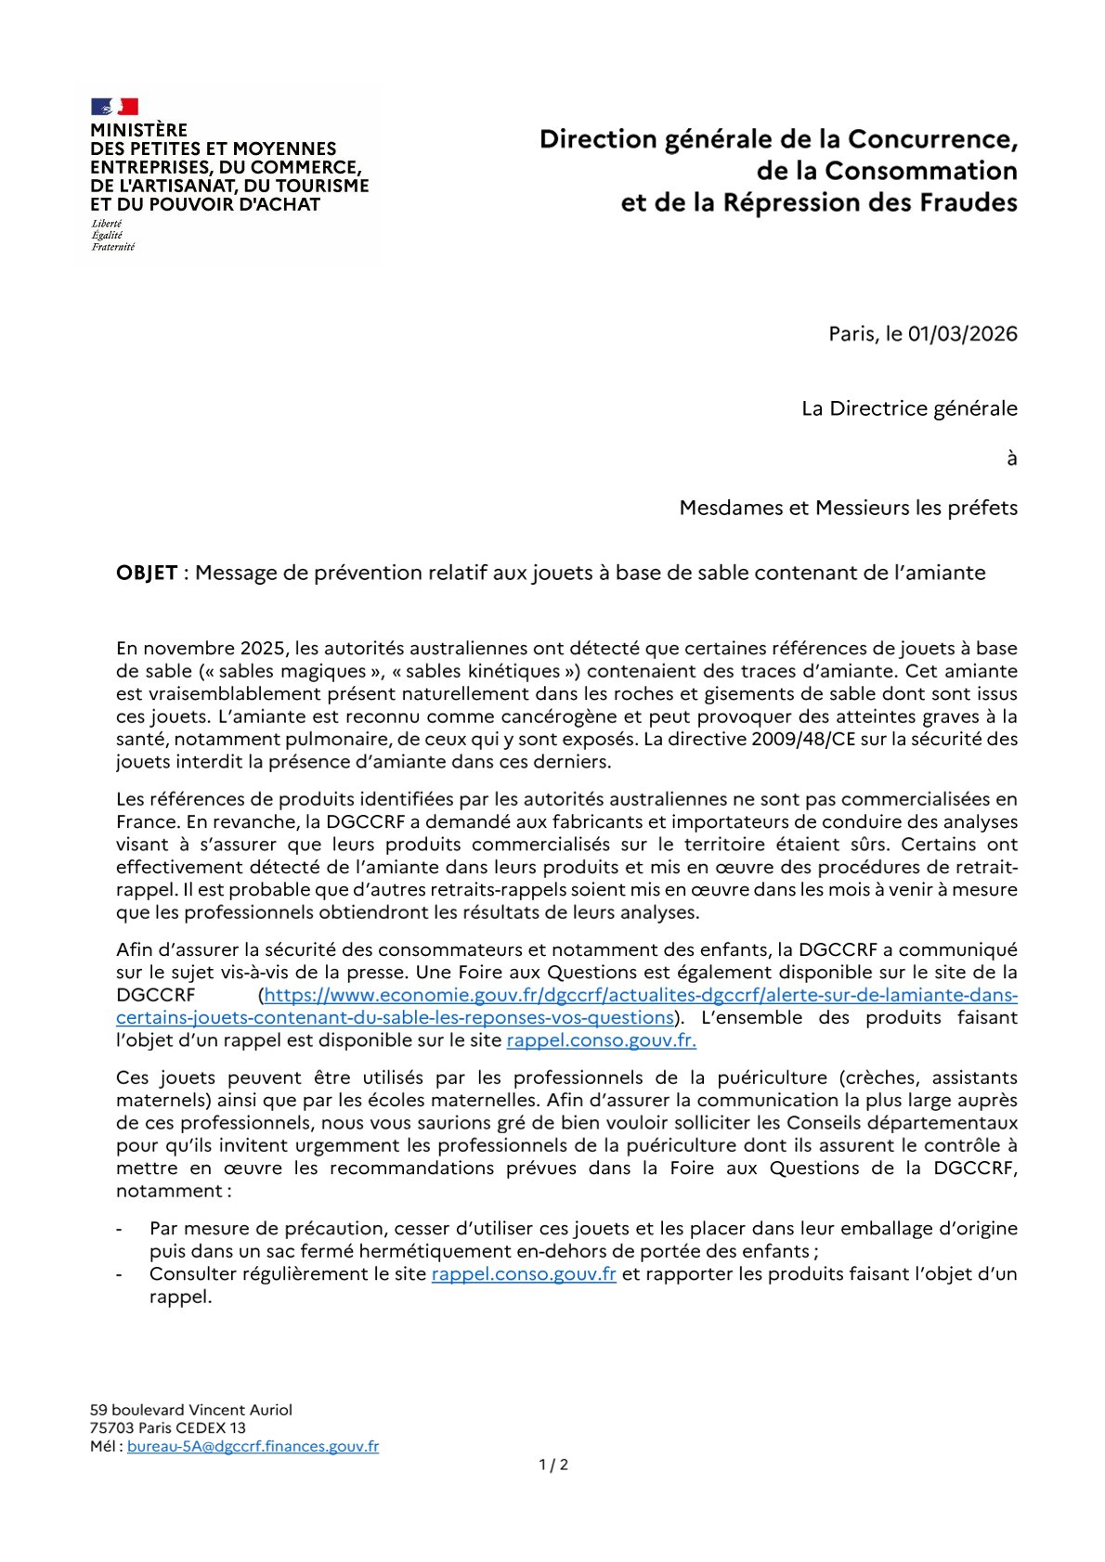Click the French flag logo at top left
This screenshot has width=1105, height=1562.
114,107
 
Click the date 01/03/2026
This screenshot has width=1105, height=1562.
962,334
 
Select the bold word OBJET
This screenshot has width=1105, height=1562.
147,573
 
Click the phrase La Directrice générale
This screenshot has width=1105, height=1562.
909,408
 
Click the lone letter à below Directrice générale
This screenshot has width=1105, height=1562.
1011,458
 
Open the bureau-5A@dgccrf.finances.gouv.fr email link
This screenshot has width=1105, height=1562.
253,1446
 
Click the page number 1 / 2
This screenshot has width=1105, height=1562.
553,1465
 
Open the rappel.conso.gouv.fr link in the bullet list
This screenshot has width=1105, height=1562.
524,1274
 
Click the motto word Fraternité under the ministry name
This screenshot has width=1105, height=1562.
112,247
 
